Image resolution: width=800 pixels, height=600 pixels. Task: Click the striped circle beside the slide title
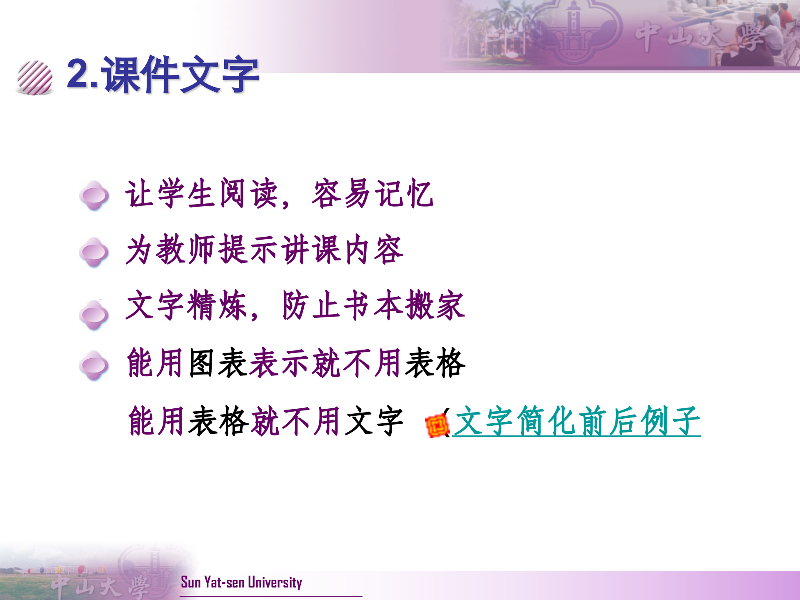(35, 78)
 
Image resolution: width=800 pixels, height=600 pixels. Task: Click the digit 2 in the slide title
(78, 74)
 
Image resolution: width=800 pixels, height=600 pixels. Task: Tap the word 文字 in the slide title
(219, 75)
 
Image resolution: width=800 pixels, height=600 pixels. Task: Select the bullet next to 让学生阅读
(94, 195)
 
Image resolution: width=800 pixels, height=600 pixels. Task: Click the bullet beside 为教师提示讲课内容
(94, 252)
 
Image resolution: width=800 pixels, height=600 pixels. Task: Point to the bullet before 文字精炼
(94, 315)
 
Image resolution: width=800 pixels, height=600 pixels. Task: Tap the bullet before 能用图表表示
(94, 365)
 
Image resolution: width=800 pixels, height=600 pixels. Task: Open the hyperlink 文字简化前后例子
(577, 422)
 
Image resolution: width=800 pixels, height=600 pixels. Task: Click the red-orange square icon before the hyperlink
(437, 426)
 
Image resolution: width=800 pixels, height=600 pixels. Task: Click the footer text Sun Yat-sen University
(241, 582)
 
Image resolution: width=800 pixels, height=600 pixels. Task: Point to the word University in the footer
(275, 582)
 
